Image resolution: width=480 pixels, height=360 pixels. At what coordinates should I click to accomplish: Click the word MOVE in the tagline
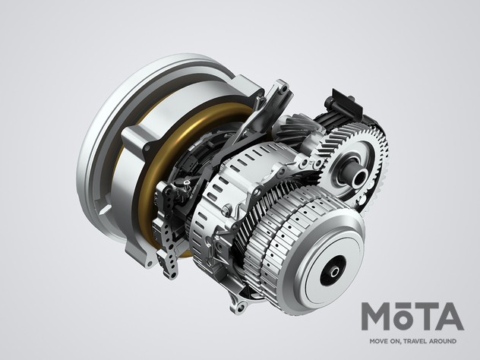pos(379,341)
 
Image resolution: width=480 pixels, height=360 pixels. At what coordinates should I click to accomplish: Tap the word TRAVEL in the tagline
pos(416,341)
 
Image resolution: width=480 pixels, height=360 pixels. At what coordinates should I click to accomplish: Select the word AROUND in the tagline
pos(444,341)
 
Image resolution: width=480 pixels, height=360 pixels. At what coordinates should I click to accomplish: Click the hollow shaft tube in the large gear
pos(358,175)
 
